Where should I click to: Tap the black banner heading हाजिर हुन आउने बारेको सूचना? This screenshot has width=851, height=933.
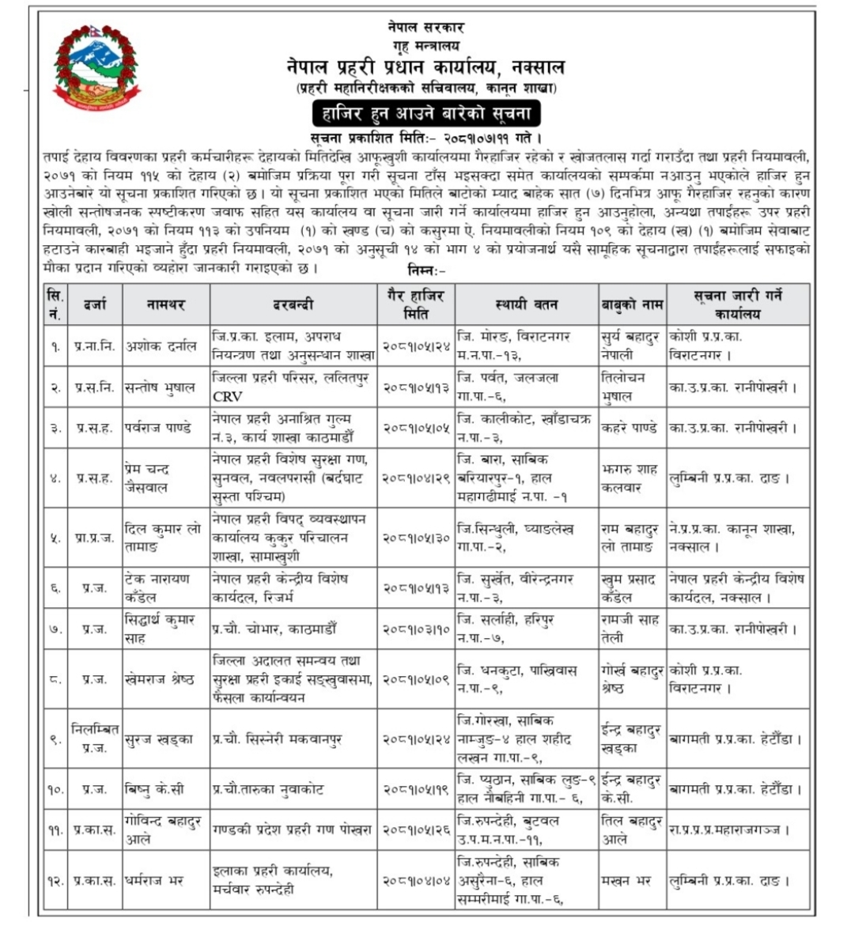425,113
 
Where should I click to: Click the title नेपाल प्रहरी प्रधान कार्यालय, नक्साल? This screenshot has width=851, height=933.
425,67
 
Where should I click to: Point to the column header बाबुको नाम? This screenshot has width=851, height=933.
631,304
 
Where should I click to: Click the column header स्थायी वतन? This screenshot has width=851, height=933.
526,304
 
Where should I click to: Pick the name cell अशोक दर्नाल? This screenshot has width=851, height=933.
161,346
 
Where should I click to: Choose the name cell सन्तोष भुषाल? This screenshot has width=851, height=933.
161,387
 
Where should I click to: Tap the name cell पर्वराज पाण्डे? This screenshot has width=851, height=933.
158,428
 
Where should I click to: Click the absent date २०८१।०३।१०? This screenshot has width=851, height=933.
415,629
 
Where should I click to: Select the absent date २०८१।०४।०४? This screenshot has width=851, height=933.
415,880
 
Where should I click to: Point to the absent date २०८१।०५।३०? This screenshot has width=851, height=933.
415,538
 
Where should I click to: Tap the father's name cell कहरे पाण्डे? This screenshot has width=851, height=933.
630,428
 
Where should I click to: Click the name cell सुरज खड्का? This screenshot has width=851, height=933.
159,739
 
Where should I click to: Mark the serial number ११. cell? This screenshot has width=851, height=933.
55,830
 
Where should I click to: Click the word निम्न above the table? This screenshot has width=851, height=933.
425,270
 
